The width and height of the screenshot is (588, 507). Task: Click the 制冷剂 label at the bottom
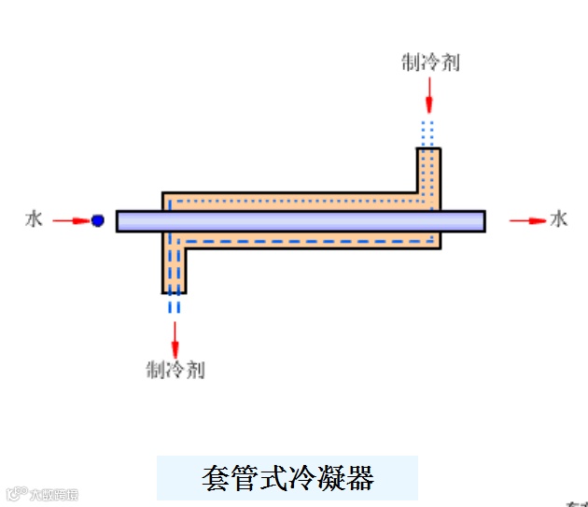tap(175, 370)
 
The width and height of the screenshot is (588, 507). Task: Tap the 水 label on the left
tap(35, 220)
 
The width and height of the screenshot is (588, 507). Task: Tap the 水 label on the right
tap(559, 219)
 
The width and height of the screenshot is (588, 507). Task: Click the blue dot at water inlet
tap(97, 220)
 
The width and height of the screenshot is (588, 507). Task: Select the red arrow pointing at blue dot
tap(70, 220)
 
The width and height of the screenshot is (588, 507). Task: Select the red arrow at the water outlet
tap(528, 220)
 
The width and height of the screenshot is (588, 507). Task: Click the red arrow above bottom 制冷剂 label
tap(175, 336)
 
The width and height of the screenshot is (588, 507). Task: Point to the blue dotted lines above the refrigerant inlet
tap(428, 131)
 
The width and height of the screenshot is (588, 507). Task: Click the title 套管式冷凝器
tap(287, 478)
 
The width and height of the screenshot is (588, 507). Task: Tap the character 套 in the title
tap(216, 478)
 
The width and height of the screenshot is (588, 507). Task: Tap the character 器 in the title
tap(359, 478)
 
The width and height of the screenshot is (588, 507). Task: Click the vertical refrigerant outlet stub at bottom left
tap(175, 271)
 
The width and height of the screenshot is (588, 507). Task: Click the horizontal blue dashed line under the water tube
tap(308, 241)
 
